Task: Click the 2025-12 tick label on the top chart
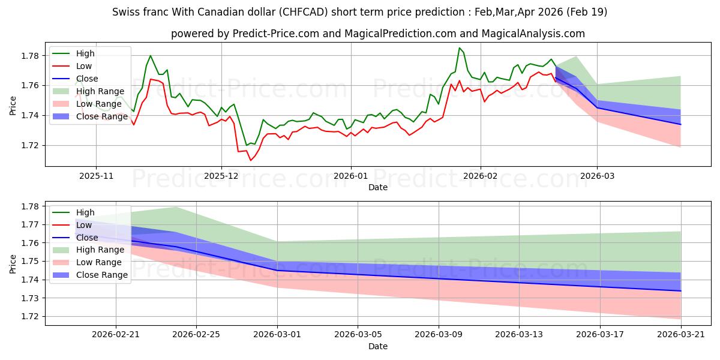[x=221, y=176]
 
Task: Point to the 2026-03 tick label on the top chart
[x=597, y=176]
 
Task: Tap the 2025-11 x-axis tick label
[x=96, y=176]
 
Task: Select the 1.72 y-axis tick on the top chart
[x=30, y=146]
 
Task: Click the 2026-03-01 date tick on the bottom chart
[x=277, y=335]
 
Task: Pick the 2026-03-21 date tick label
[x=681, y=335]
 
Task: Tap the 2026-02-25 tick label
[x=196, y=335]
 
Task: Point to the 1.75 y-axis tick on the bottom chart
[x=30, y=262]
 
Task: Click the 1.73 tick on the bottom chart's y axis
[x=30, y=298]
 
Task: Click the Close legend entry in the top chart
[x=75, y=79]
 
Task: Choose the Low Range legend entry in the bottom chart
[x=87, y=262]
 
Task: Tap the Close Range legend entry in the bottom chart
[x=90, y=275]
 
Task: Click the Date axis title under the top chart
[x=378, y=187]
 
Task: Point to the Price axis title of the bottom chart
[x=13, y=264]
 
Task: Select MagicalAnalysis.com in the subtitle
[x=533, y=34]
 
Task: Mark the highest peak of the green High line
[x=460, y=48]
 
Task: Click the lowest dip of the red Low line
[x=251, y=160]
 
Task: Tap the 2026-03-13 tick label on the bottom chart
[x=519, y=335]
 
